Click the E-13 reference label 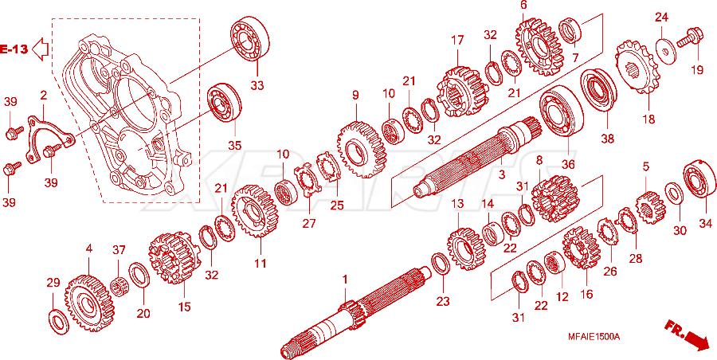(x=14, y=49)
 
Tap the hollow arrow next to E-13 (x=41, y=49)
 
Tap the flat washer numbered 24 (x=665, y=51)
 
